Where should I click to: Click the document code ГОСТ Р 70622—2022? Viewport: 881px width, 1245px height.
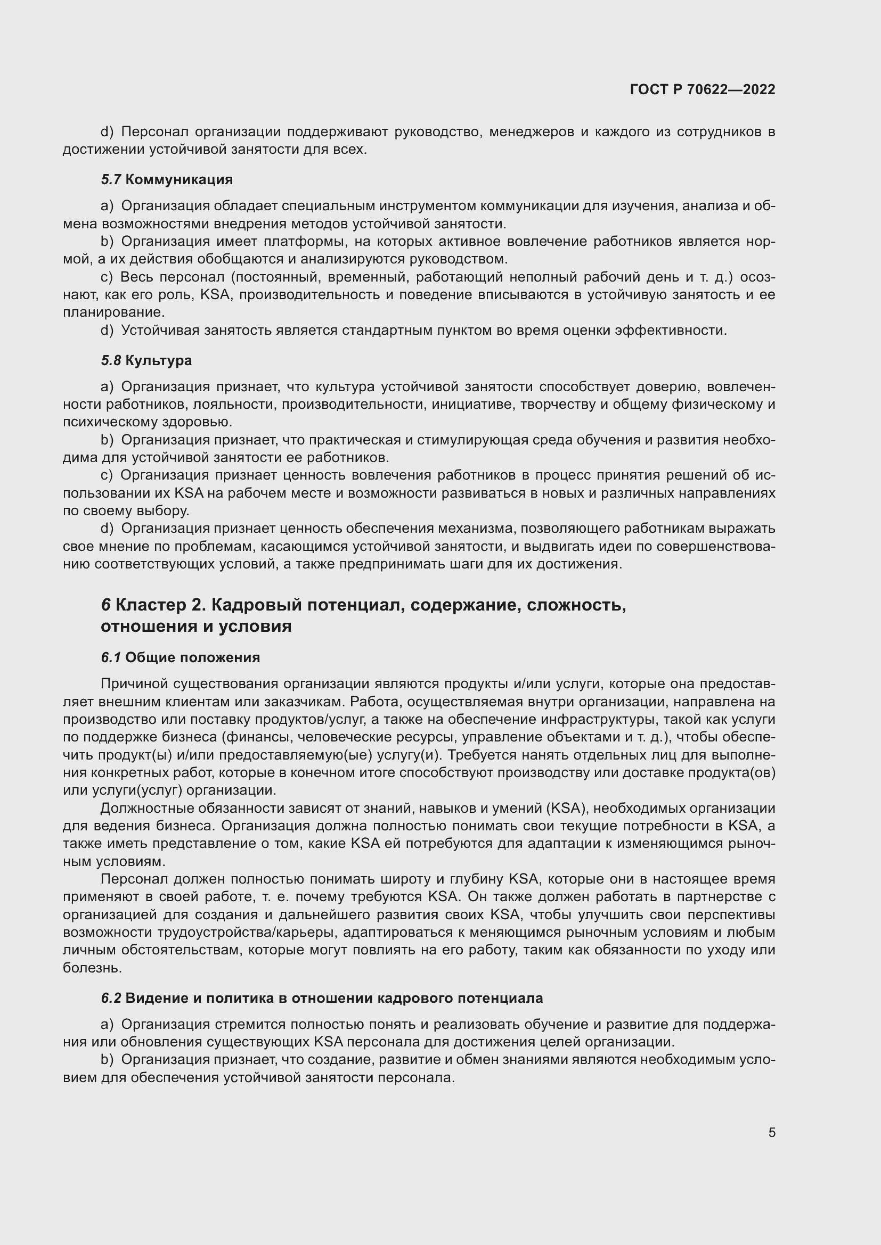tap(702, 89)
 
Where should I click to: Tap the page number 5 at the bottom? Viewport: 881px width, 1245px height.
tap(771, 1132)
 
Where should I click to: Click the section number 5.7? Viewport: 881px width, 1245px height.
tap(111, 179)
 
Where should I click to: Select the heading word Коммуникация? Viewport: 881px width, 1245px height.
tap(178, 179)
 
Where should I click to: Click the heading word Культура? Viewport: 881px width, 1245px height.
tap(158, 360)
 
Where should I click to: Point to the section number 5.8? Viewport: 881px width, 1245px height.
tap(111, 360)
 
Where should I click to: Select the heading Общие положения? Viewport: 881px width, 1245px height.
tap(193, 658)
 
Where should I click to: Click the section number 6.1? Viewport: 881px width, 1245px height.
tap(111, 658)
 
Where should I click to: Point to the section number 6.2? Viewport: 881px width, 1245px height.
tap(111, 998)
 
